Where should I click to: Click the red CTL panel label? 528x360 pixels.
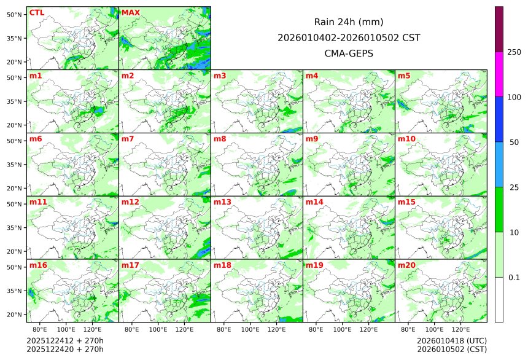(x=37, y=13)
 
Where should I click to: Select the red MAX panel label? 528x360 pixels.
(x=130, y=13)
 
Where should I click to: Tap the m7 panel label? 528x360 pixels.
(x=128, y=139)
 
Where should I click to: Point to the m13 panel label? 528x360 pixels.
(x=222, y=202)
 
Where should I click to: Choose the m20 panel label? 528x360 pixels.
(x=406, y=265)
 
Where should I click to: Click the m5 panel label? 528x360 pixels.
(x=404, y=76)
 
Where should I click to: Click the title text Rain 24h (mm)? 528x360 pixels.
(x=348, y=22)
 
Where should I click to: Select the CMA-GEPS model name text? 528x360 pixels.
(x=348, y=53)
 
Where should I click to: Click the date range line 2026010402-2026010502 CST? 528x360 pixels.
(x=348, y=38)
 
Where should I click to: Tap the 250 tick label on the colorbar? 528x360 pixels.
(x=514, y=52)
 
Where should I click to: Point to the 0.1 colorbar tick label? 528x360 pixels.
(x=514, y=277)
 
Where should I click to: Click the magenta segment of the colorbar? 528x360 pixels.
(x=499, y=74)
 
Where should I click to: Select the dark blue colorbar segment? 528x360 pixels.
(x=499, y=119)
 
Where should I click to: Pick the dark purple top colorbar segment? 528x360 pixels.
(x=499, y=29)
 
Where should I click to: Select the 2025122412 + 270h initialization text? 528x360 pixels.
(x=65, y=340)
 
